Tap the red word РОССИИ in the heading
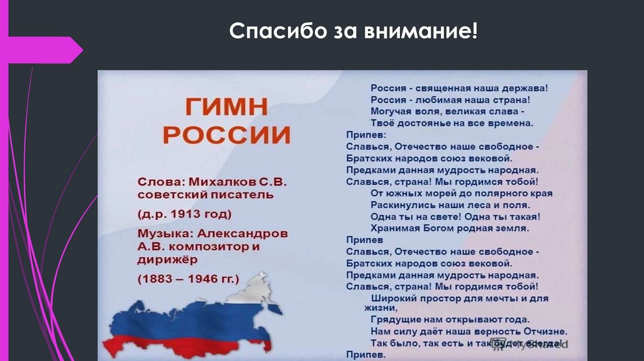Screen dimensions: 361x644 [x=231, y=135]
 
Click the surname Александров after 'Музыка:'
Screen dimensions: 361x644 [x=248, y=233]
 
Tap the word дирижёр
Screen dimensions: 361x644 [x=167, y=258]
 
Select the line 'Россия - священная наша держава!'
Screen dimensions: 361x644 [x=459, y=88]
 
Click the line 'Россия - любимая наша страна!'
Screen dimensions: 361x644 [x=450, y=99]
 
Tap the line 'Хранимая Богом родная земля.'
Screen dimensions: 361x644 [x=450, y=228]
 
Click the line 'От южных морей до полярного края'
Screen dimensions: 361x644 [x=462, y=193]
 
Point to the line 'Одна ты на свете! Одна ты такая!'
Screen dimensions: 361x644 [x=456, y=216]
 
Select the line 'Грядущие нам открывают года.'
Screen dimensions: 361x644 [x=450, y=319]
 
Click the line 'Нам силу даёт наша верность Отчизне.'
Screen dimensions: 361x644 [x=469, y=331]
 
